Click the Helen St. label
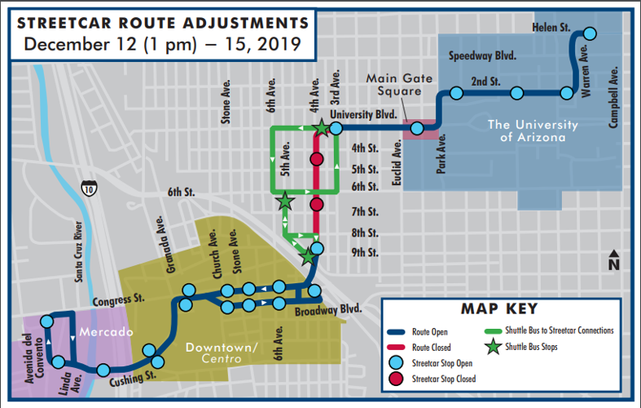(551, 27)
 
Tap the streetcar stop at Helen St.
(589, 33)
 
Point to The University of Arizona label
(533, 131)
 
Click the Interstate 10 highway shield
(87, 189)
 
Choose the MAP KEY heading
(498, 309)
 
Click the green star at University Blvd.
(322, 128)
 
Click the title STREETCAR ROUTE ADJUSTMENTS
(163, 22)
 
